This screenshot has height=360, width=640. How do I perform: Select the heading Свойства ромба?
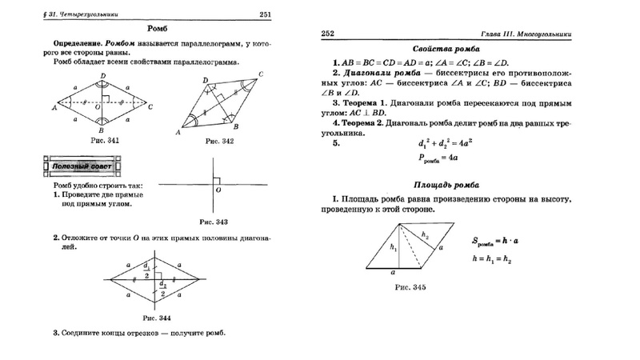tap(450, 48)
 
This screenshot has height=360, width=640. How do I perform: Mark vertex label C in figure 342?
tap(262, 74)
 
